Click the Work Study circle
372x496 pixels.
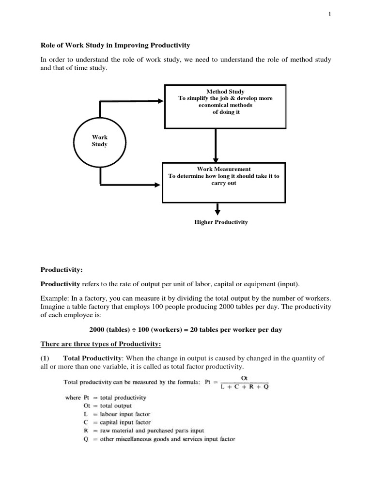[x=100, y=141]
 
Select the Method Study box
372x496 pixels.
[x=218, y=105]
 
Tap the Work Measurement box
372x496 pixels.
[x=223, y=182]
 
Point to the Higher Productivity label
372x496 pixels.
[x=221, y=222]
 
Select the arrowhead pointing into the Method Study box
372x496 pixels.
[x=161, y=101]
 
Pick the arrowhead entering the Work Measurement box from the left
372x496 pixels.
[x=157, y=185]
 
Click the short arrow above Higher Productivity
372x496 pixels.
[x=217, y=209]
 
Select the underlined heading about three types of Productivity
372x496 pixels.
[x=101, y=344]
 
